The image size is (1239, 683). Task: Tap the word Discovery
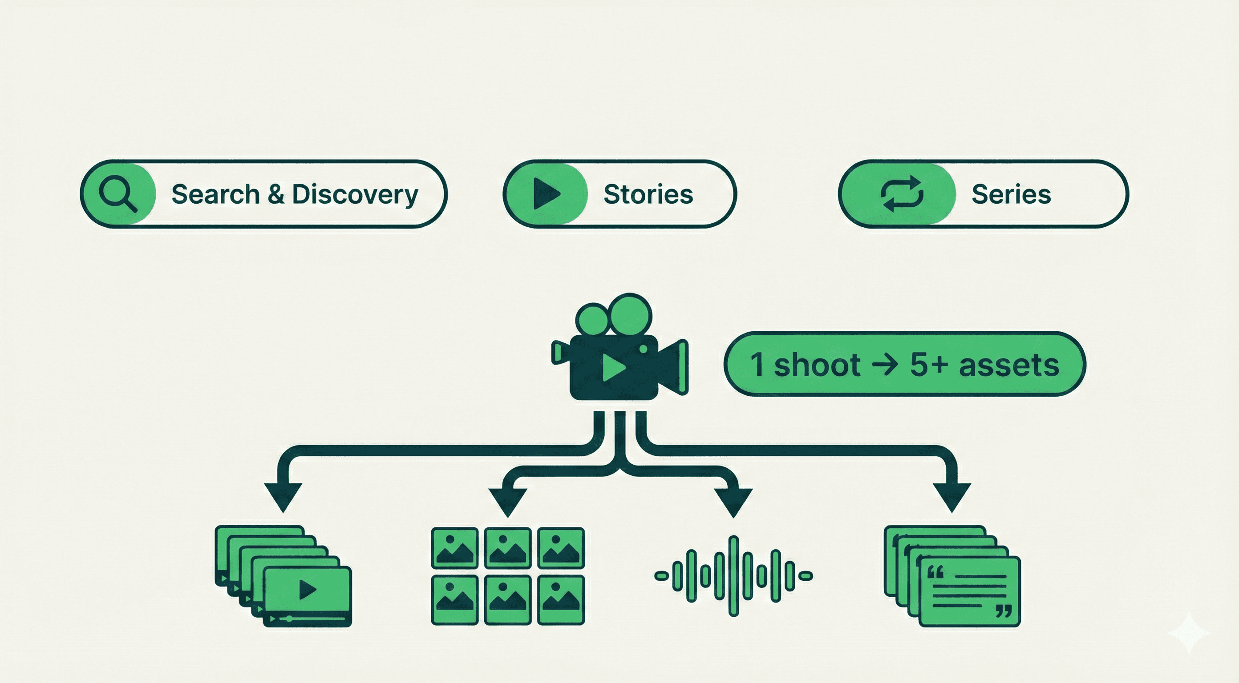tap(355, 195)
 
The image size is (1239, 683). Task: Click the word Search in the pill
tap(215, 194)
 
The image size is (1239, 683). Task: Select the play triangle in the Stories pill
tap(547, 194)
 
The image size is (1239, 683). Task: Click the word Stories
tap(648, 194)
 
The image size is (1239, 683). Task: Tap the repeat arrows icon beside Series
tap(902, 194)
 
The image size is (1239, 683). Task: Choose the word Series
tap(1011, 194)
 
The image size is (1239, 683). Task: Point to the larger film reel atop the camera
tap(631, 314)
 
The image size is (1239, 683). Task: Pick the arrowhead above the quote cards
tap(952, 496)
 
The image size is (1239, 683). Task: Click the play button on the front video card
tap(308, 589)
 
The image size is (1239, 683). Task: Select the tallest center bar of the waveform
tap(733, 575)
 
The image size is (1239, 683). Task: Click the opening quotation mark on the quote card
tap(935, 572)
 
